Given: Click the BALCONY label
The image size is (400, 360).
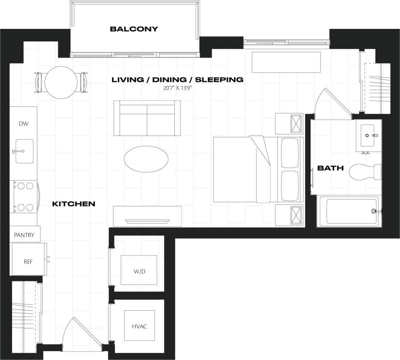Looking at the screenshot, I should tap(134, 29).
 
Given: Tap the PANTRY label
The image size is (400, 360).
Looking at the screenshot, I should tap(24, 234).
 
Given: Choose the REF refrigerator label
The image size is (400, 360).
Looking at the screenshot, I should tap(28, 261).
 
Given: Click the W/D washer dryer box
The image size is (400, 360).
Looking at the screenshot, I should tap(139, 270).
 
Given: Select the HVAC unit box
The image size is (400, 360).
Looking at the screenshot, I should tap(139, 326).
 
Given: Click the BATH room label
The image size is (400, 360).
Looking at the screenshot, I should tap(330, 168).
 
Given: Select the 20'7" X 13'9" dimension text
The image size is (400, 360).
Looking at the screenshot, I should tap(177, 88).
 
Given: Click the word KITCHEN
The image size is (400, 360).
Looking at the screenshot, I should tap(74, 204).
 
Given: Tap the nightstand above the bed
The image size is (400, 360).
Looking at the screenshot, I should tap(289, 124).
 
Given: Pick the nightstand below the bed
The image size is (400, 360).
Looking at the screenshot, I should tap(289, 216).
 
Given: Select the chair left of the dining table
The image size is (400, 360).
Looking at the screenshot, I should tap(39, 83).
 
